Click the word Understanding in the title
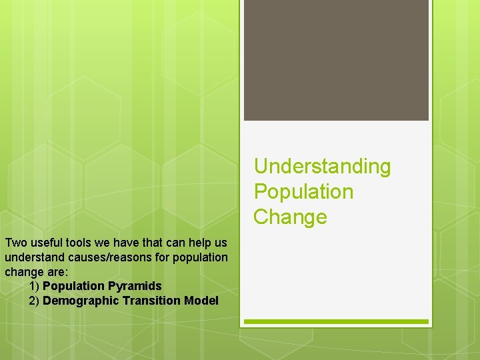click(x=322, y=166)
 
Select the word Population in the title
click(x=303, y=191)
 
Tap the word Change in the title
click(x=290, y=217)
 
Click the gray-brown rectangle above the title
click(x=336, y=60)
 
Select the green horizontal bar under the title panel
click(x=336, y=321)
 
